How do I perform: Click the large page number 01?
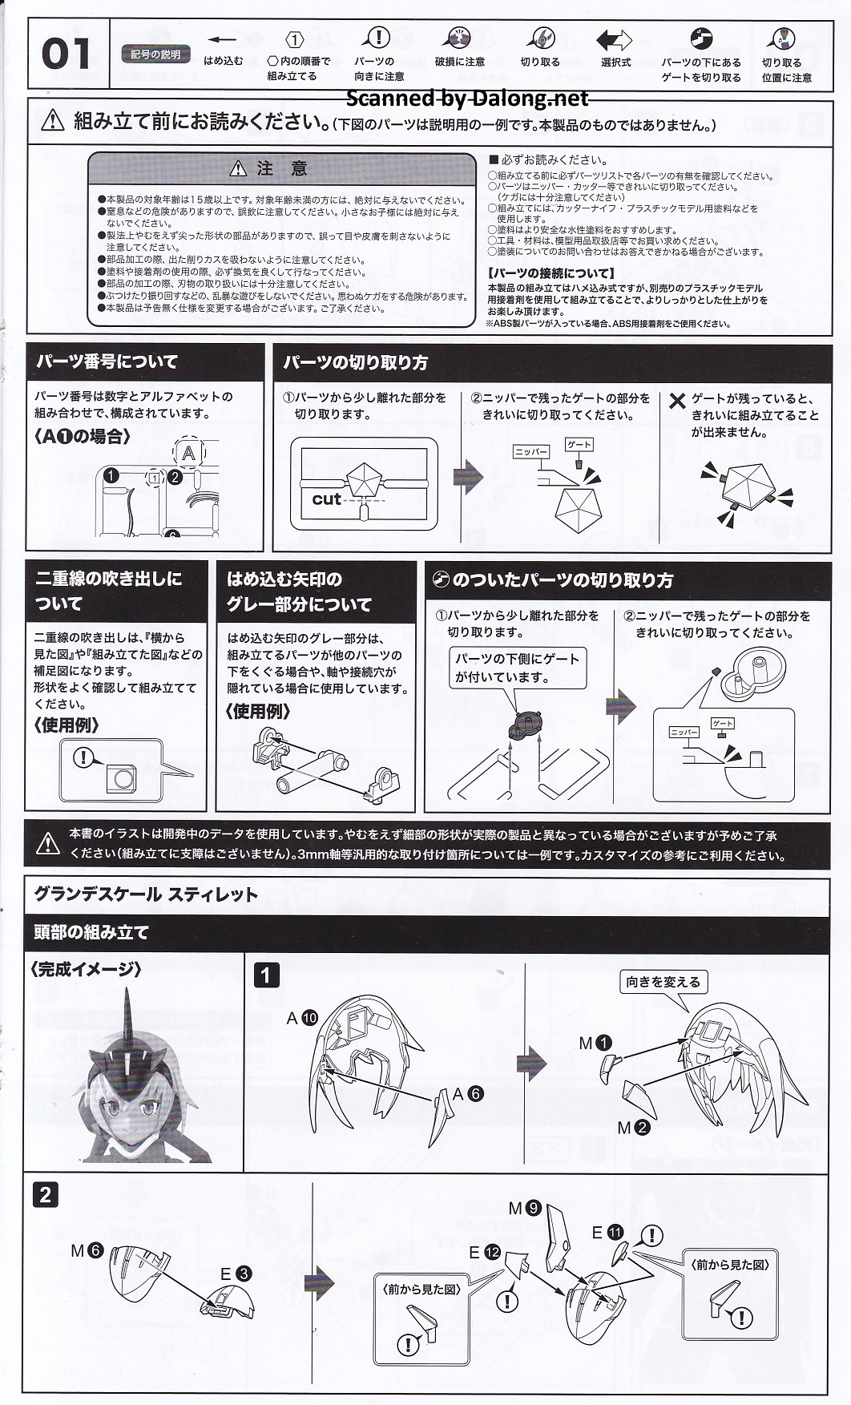66,55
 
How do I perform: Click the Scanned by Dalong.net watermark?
467,99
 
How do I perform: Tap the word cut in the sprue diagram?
326,499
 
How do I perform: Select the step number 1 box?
267,975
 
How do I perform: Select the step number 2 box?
45,1195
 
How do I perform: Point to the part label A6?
467,1094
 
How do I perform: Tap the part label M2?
633,1128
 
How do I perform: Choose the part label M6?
87,1250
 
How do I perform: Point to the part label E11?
607,1233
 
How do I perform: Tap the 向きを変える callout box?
663,982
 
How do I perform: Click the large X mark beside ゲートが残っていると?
677,401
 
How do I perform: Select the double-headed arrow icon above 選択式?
615,40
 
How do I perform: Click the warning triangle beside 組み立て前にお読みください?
52,120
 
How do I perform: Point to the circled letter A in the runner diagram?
189,454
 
